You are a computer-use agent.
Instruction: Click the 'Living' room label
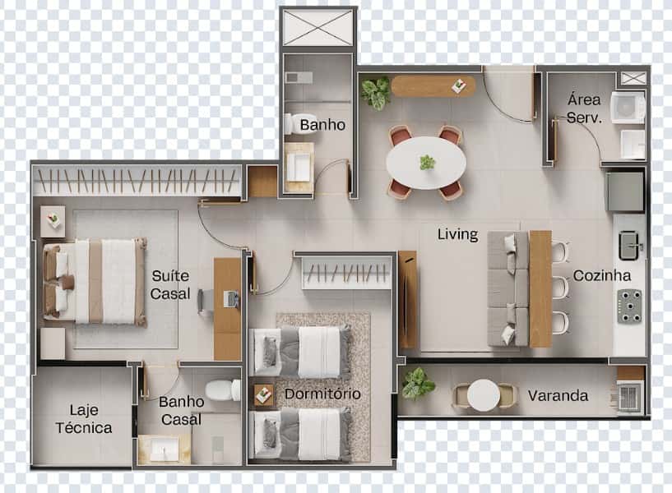pos(457,234)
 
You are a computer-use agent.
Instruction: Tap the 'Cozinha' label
pos(602,276)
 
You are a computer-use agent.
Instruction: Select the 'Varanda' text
pos(558,396)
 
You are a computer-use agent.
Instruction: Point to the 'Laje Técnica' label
pos(84,418)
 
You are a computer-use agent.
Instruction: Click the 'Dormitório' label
pos(322,394)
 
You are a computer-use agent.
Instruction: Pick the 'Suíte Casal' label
pos(170,284)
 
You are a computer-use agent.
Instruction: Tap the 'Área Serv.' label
pos(584,108)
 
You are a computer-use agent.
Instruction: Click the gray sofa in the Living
pos(507,288)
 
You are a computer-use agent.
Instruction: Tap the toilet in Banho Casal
pos(223,389)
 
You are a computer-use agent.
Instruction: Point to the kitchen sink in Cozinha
pos(631,244)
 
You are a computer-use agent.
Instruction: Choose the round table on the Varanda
pos(483,395)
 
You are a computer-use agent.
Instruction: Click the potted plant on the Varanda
pos(418,383)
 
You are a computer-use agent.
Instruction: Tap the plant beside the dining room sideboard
pos(376,92)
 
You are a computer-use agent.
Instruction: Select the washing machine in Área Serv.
pos(628,108)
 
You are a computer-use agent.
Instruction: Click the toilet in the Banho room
pos(292,123)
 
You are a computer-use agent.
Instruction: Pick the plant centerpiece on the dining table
pos(427,162)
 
